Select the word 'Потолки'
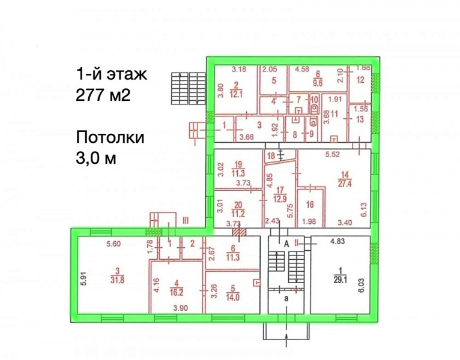tap(110, 137)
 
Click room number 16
tap(310, 205)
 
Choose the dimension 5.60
tap(113, 244)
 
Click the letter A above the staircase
tap(287, 243)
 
